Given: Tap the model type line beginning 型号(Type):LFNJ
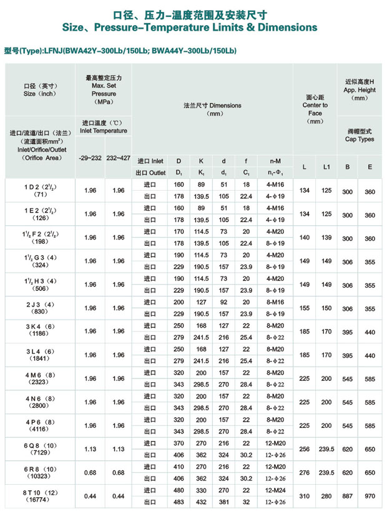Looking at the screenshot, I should click(120, 51).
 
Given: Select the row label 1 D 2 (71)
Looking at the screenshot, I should click(38, 191).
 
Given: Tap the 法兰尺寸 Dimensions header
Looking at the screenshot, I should click(212, 109).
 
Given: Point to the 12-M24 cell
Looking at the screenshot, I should click(275, 490).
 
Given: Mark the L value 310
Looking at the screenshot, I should click(304, 495).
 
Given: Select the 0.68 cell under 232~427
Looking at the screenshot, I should click(117, 472).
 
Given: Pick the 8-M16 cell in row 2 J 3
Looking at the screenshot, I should click(275, 302).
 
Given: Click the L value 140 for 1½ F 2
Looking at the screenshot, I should click(304, 238).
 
